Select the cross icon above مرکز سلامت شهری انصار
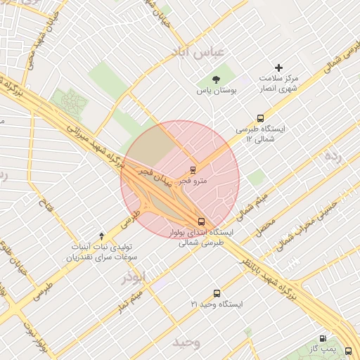pos(279,68)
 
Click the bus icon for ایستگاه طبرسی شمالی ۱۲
pos(260,118)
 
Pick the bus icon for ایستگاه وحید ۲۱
pos(216,292)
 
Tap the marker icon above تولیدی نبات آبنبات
pos(101,236)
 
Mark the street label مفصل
pos(264,226)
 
